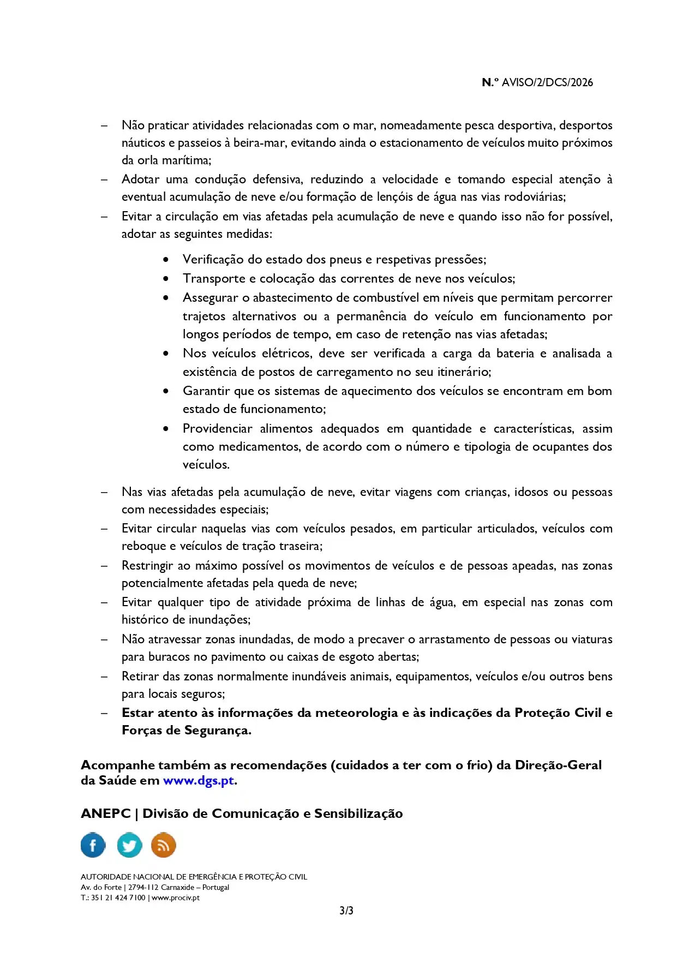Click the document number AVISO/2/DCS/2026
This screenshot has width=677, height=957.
click(547, 82)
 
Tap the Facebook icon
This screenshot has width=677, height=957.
click(93, 845)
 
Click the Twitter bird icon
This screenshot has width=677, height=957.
click(129, 845)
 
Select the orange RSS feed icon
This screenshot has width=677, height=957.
click(163, 845)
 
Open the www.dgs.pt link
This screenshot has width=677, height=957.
click(199, 780)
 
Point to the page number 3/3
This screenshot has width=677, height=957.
click(346, 911)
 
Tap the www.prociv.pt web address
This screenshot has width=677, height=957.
click(176, 898)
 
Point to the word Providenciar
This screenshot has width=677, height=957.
click(217, 428)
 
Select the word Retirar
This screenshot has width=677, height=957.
click(140, 676)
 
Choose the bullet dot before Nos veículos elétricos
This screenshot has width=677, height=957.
click(166, 354)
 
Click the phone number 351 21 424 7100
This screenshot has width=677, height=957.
click(118, 898)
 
